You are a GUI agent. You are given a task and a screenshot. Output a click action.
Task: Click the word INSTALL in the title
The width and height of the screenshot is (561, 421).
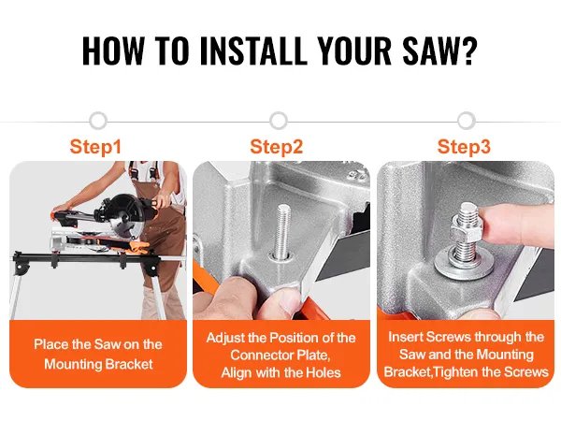click(x=253, y=51)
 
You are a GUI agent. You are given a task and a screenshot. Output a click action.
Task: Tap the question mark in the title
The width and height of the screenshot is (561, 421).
click(x=468, y=51)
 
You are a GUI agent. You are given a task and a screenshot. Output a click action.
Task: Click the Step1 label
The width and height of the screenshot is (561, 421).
click(x=95, y=147)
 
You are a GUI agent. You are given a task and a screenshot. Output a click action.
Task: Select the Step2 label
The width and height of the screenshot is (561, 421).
click(x=277, y=147)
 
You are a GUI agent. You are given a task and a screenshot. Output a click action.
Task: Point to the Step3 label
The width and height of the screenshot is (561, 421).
click(x=464, y=147)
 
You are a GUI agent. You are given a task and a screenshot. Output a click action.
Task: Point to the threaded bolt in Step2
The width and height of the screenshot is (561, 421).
click(x=282, y=230)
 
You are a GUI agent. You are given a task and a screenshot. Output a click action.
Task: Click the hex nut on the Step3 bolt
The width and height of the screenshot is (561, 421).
click(x=467, y=232)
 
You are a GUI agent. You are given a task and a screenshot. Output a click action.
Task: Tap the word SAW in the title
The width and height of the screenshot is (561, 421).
click(x=428, y=51)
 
